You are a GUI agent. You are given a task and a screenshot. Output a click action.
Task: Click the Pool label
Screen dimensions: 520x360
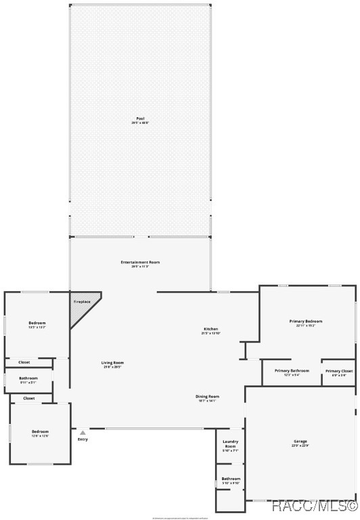pos(140,120)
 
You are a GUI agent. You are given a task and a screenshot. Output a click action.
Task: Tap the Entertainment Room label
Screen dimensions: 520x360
pos(140,263)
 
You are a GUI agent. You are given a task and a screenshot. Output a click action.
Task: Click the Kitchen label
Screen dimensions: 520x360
pos(210,330)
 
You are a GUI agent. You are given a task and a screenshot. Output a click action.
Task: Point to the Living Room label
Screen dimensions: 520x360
pos(113,364)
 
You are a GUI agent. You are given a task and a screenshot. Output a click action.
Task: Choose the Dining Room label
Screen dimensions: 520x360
pos(208,397)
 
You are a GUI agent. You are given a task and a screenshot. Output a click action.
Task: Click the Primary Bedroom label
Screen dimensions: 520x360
pos(306,323)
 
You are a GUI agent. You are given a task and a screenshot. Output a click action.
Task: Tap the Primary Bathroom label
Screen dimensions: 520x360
pos(292,372)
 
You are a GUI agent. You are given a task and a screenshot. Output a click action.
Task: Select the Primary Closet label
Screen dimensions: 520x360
pos(338,372)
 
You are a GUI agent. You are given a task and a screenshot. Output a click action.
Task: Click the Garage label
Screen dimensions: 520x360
pos(300,443)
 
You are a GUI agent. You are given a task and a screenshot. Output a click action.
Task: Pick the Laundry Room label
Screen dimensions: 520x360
pos(230,445)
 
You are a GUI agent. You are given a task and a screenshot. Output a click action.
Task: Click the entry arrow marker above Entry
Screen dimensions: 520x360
pos(83,432)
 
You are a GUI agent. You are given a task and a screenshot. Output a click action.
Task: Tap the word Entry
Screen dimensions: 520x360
pos(83,439)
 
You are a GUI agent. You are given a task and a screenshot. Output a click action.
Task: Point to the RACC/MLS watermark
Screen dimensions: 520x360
pos(315,506)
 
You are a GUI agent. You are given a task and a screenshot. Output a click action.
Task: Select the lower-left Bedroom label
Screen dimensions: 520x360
pos(40,433)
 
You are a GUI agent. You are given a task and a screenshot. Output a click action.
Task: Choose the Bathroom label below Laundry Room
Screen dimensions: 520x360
pos(231,480)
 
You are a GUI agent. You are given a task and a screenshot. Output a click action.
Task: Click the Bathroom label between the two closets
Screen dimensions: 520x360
pos(28,379)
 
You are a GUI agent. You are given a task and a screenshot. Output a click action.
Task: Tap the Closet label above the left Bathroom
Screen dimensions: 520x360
pos(24,362)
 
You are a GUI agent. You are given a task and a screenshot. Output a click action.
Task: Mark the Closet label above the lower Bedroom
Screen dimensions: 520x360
pos(29,398)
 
